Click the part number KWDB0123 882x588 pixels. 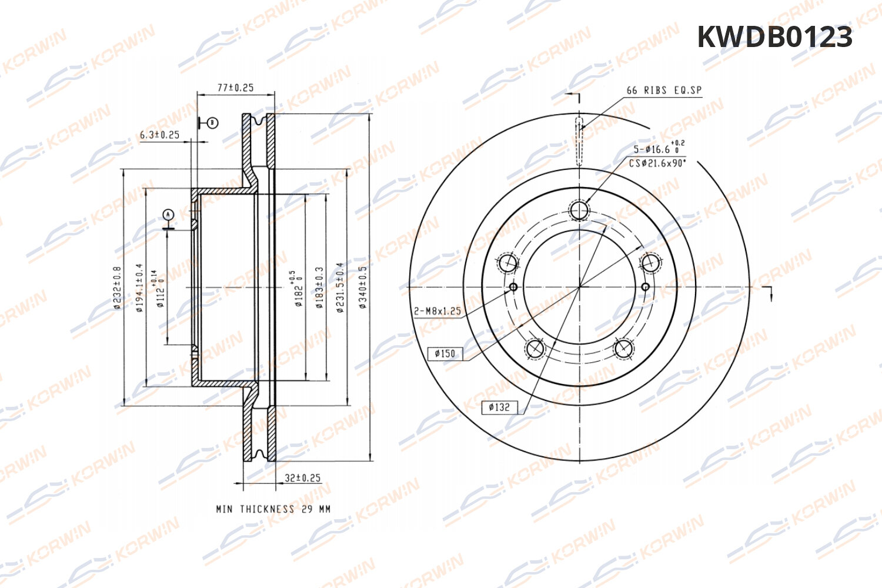[x=774, y=37]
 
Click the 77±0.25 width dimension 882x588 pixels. [x=235, y=88]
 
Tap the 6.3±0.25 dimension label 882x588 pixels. [x=159, y=135]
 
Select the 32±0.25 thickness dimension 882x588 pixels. [x=302, y=478]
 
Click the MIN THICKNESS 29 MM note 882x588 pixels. [x=273, y=509]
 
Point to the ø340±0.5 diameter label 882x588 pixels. [x=363, y=287]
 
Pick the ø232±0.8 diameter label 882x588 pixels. [x=117, y=287]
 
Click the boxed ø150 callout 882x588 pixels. [x=445, y=353]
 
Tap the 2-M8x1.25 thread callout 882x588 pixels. [x=437, y=311]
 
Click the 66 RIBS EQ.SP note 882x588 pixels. [x=664, y=91]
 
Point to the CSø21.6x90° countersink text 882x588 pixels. [x=657, y=163]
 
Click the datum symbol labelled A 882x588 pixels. [x=168, y=215]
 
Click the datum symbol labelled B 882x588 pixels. [x=212, y=123]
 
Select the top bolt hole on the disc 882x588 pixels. [x=580, y=210]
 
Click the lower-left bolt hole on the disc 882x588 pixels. [x=536, y=349]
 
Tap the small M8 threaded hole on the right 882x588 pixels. [x=645, y=287]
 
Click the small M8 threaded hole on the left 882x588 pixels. [x=513, y=287]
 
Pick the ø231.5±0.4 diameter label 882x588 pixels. [x=339, y=287]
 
